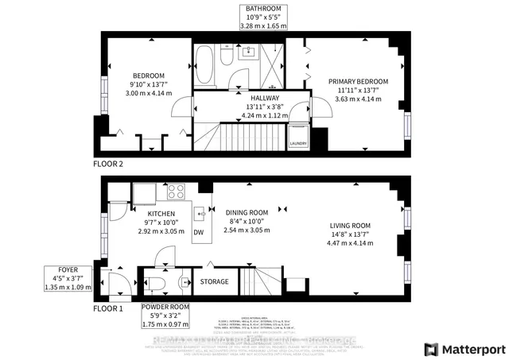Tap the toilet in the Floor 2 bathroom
click(x=226, y=59)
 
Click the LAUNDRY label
click(x=297, y=144)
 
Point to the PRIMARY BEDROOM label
click(x=357, y=81)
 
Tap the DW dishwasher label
click(x=198, y=232)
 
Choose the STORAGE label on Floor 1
click(x=215, y=281)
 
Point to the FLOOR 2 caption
click(x=109, y=165)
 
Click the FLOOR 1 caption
click(x=109, y=308)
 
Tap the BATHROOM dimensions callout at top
click(x=263, y=16)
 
